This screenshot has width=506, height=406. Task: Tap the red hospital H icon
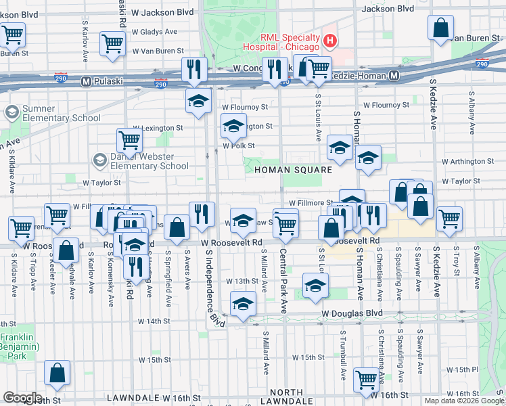click(x=330, y=41)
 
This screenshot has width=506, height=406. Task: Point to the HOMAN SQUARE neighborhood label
click(x=293, y=170)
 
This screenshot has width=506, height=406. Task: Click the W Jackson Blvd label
click(x=162, y=12)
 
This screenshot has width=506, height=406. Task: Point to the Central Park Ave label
click(x=284, y=281)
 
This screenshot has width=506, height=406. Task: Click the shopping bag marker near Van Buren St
click(x=440, y=28)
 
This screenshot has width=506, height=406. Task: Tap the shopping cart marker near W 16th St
click(x=366, y=379)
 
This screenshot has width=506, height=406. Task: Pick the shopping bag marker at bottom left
click(x=57, y=373)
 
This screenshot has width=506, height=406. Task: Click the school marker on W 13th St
click(x=315, y=286)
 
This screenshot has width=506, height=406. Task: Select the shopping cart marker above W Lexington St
click(x=129, y=140)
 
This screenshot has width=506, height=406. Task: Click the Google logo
click(x=23, y=398)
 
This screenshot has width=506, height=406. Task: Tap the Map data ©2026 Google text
click(x=463, y=401)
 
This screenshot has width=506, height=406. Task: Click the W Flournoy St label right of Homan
click(x=386, y=106)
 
